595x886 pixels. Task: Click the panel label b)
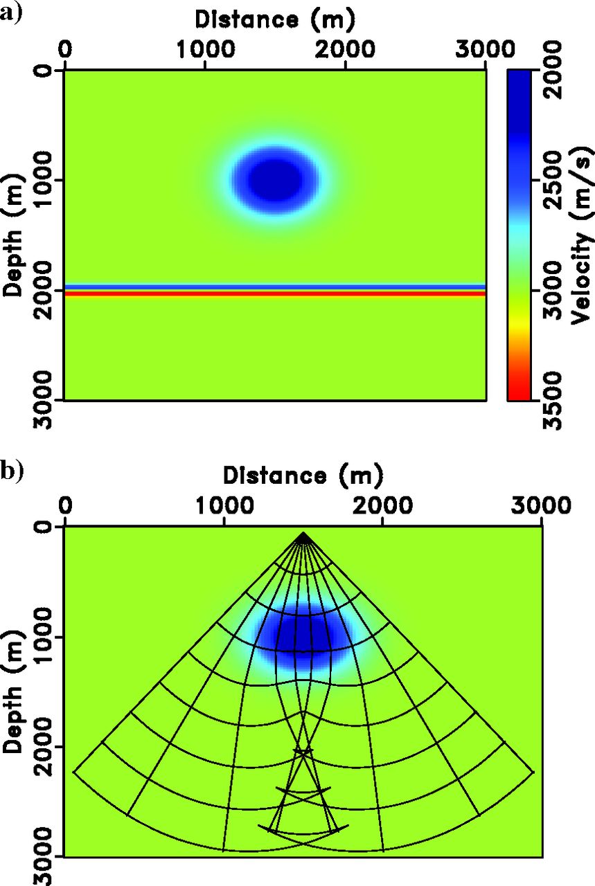pos(12,471)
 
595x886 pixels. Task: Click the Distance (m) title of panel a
pos(275,20)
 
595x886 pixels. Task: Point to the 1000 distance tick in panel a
pos(204,51)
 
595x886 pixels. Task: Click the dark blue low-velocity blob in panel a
pos(275,179)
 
